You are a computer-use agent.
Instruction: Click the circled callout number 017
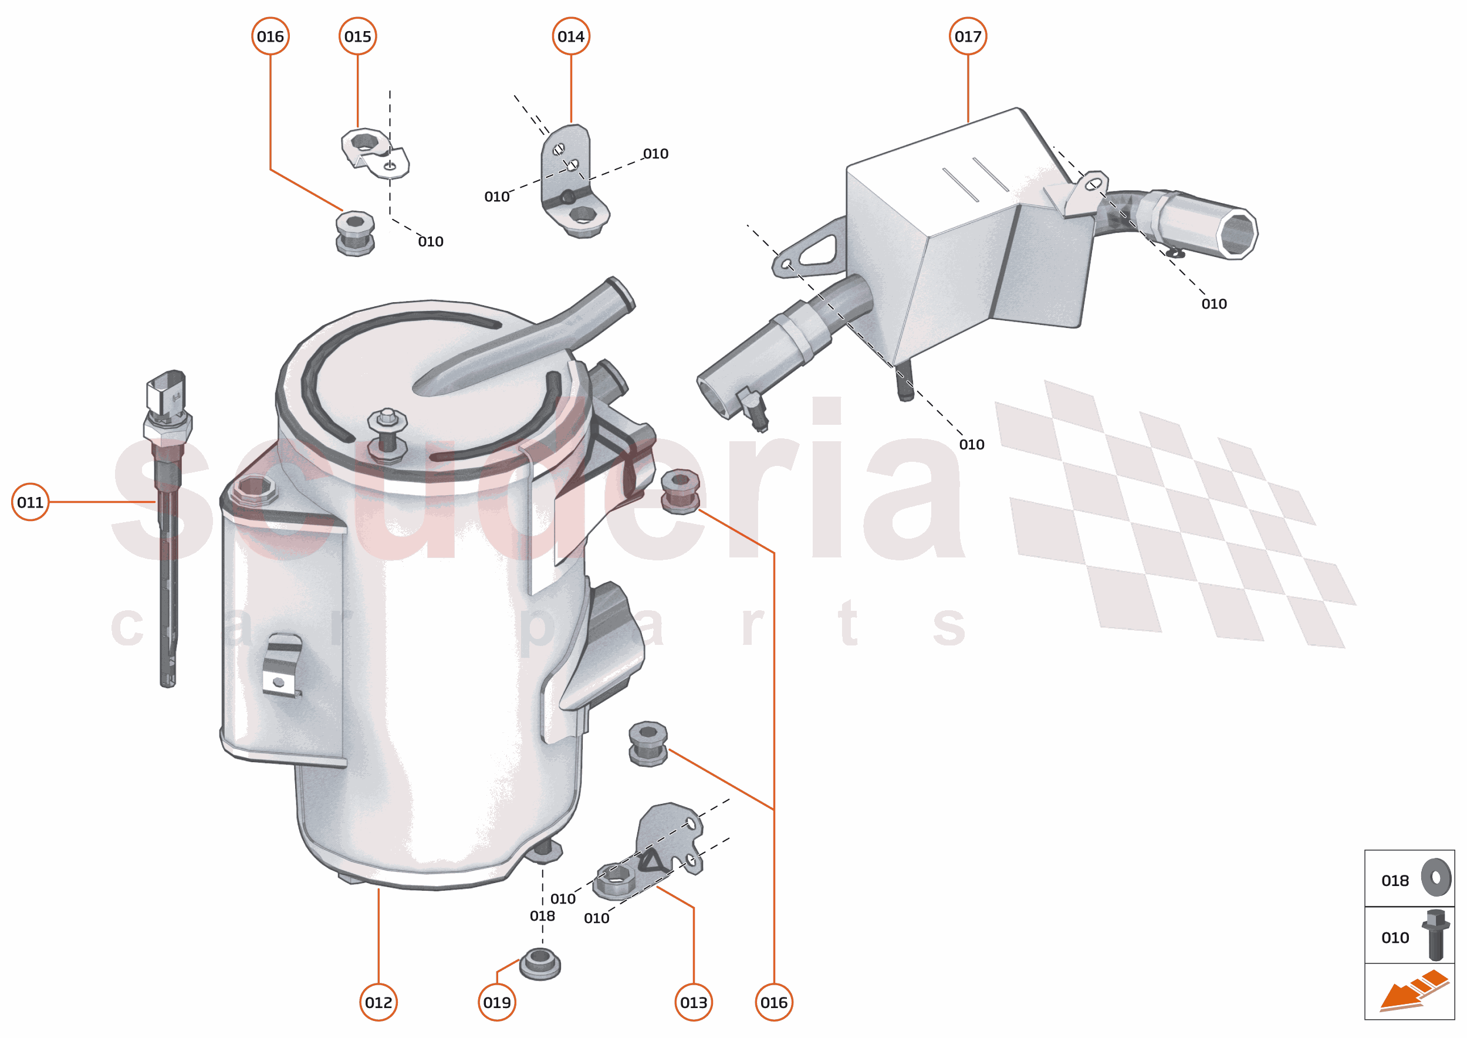tap(967, 36)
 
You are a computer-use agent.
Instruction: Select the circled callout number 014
tap(570, 36)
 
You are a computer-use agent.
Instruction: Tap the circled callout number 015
tap(357, 36)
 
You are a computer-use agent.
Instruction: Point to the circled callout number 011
tap(30, 502)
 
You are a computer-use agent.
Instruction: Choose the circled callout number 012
tap(378, 1002)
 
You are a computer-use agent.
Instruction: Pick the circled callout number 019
tap(496, 1002)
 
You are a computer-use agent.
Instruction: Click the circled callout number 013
tap(694, 1002)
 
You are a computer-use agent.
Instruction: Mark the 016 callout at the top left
tap(271, 36)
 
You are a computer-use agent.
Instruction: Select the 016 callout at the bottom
tap(773, 1002)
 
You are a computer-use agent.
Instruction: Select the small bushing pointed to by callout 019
tap(540, 963)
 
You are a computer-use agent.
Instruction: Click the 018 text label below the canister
tap(542, 915)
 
